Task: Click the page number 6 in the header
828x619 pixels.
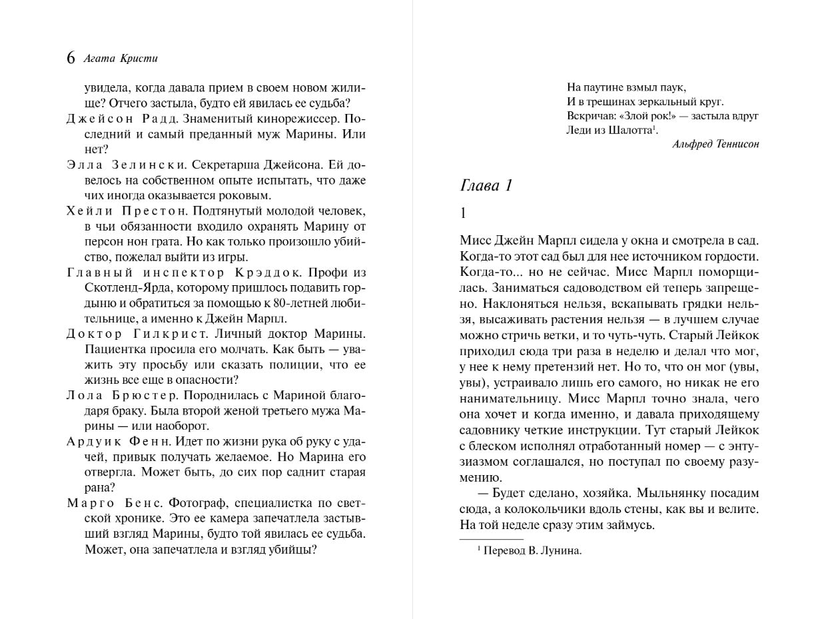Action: (71, 58)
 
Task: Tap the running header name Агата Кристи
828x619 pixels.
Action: (121, 58)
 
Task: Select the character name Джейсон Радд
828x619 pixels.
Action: (122, 119)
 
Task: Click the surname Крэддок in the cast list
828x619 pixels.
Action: (267, 273)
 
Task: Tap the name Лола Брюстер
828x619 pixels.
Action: (122, 395)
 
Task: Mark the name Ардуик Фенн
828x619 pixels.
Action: (120, 441)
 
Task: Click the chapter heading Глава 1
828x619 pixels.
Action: (486, 185)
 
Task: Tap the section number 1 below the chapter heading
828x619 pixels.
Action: (463, 213)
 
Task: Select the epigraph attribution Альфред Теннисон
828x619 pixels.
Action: (715, 144)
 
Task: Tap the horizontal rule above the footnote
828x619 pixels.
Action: (492, 539)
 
